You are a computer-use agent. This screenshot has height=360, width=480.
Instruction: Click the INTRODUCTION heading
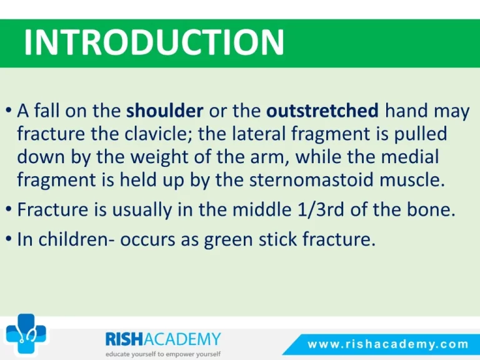pos(154,42)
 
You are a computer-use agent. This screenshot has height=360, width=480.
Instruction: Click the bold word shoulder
pos(165,111)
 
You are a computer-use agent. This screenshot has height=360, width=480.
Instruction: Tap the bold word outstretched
pos(322,111)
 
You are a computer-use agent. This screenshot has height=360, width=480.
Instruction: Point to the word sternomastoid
pos(312,179)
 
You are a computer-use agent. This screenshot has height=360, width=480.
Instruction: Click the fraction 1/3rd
pos(321,209)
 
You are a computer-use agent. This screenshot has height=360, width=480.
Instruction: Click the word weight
pos(162,157)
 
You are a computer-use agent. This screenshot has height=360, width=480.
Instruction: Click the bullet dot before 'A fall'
pos(9,110)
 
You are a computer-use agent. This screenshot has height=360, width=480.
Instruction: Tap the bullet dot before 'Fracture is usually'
pos(9,209)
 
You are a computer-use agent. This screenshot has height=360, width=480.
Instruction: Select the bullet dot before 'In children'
pos(9,239)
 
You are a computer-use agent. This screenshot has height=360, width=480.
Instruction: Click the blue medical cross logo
pos(26,334)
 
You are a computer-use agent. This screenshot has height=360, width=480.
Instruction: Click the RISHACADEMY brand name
pos(163,339)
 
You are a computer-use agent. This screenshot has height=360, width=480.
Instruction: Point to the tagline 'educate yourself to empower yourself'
pos(163,354)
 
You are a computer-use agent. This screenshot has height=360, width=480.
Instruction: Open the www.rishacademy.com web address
pos(388,344)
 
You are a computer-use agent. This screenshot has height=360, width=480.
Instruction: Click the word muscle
pos(412,179)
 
